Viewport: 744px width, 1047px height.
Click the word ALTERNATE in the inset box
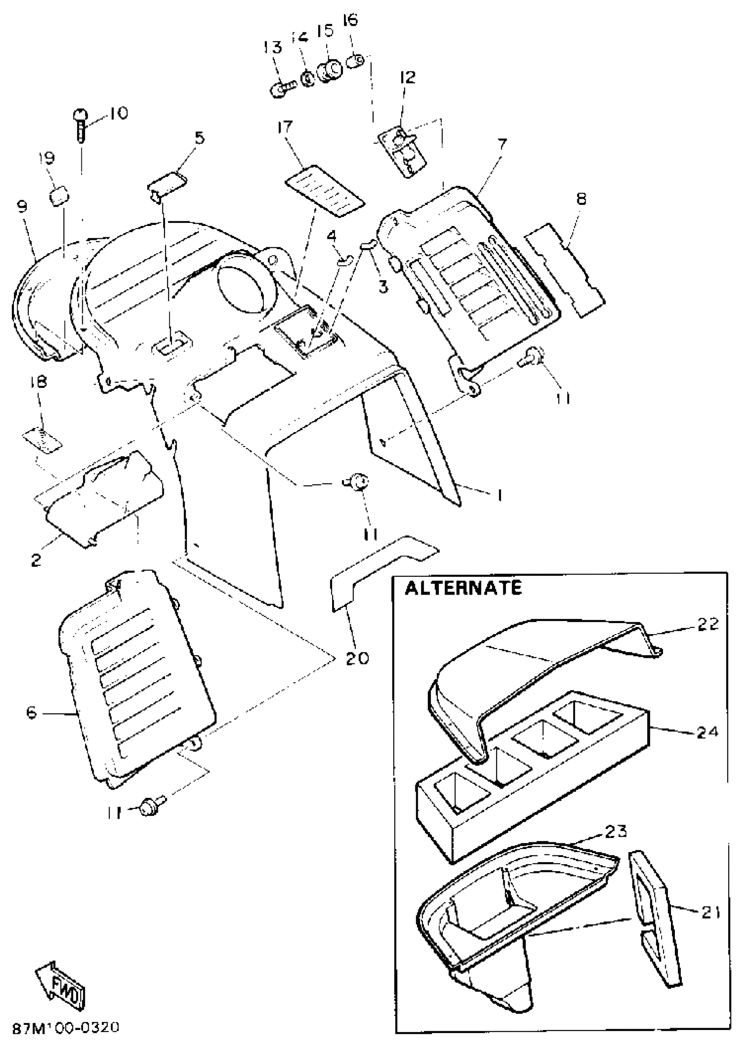(x=463, y=588)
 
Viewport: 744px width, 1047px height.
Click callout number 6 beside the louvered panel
(x=31, y=713)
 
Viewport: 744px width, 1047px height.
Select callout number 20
(x=357, y=659)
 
